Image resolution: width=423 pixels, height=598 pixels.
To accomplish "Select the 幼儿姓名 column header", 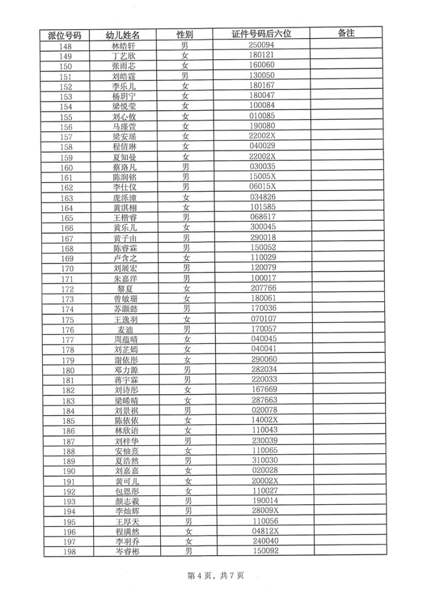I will click(x=124, y=35).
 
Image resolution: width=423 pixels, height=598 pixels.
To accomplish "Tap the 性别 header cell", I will click(x=185, y=35).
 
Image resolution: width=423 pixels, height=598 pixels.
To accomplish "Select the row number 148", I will click(x=65, y=46).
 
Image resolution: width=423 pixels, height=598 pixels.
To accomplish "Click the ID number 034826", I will click(x=262, y=198).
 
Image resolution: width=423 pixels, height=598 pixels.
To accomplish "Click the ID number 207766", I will click(x=262, y=289).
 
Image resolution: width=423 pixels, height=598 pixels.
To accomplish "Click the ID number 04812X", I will click(x=263, y=531).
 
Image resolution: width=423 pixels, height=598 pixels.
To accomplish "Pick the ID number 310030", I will click(x=263, y=461).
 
